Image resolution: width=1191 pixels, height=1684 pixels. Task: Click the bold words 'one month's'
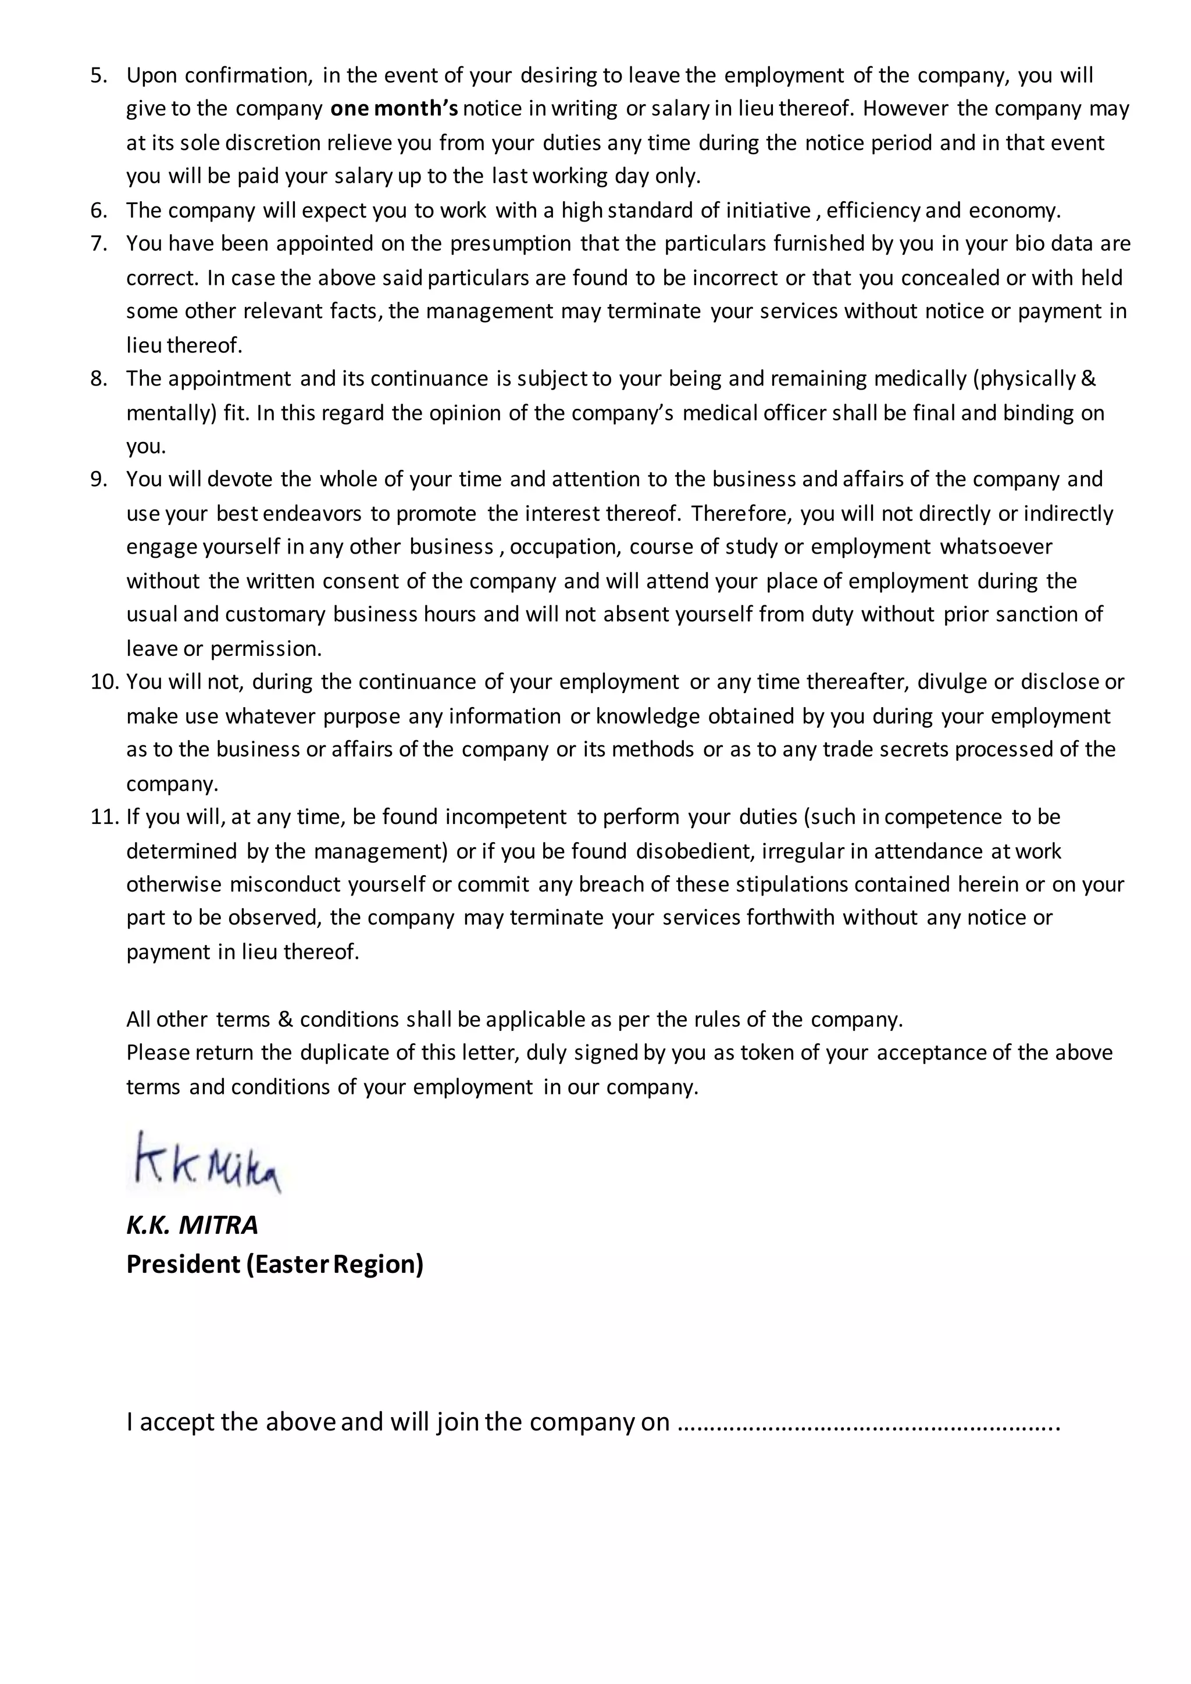[x=394, y=109]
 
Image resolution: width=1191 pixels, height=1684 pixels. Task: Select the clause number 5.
[x=98, y=76]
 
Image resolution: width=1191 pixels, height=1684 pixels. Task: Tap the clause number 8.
[x=98, y=379]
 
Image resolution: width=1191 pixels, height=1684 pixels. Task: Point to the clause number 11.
[x=104, y=816]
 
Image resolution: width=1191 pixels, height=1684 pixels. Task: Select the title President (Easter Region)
[x=274, y=1265]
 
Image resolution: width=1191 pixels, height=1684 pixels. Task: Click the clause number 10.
[x=104, y=682]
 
